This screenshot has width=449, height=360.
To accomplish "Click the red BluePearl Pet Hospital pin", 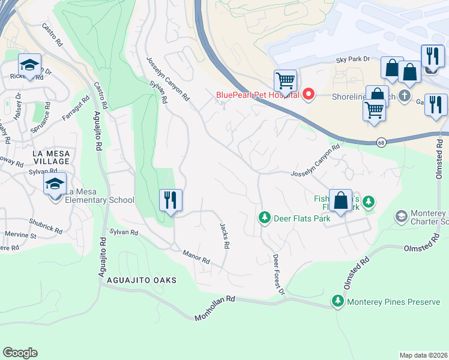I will pos(309,94).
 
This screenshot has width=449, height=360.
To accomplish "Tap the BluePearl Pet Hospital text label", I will pos(257,94).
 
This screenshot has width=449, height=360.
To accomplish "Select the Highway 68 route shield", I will pos(381,142).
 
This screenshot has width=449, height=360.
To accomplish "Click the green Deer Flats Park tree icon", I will pos(264,217).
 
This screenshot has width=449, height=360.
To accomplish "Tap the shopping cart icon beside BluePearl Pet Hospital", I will pos(285,80).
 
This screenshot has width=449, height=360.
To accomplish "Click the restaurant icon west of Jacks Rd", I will pos(170,200).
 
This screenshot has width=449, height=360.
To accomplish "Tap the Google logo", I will pos(20,353).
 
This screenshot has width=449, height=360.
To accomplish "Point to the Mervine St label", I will pos(21,234).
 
